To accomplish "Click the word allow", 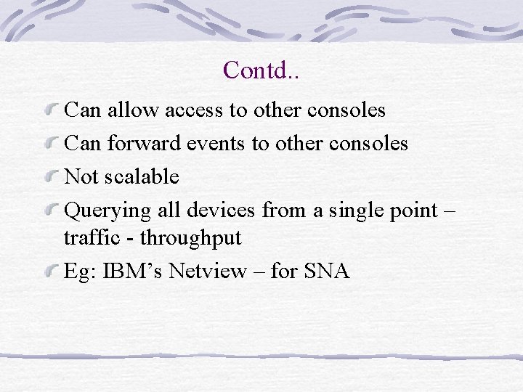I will click(134, 110).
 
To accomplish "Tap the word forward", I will click(144, 143).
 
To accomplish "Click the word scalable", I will click(142, 176).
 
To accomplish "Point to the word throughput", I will click(190, 238).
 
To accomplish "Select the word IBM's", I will click(134, 271).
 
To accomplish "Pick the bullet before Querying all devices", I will click(52, 211).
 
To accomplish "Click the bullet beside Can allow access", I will click(52, 110).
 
